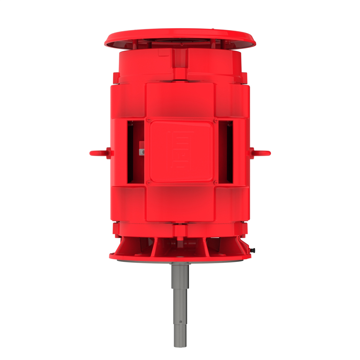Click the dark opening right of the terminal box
click(x=226, y=151)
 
